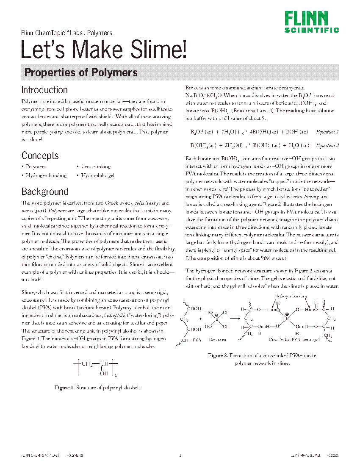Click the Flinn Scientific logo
[x=311, y=22]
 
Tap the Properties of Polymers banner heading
[x=81, y=72]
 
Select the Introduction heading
[x=44, y=90]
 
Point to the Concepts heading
[x=40, y=155]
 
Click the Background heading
[x=44, y=191]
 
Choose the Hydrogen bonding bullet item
[x=46, y=175]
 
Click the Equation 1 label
[x=327, y=132]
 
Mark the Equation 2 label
[x=327, y=145]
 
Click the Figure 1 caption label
[x=64, y=388]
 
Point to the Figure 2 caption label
[x=218, y=355]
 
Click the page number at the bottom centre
[x=180, y=456]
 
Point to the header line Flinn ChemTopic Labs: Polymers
[x=66, y=33]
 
